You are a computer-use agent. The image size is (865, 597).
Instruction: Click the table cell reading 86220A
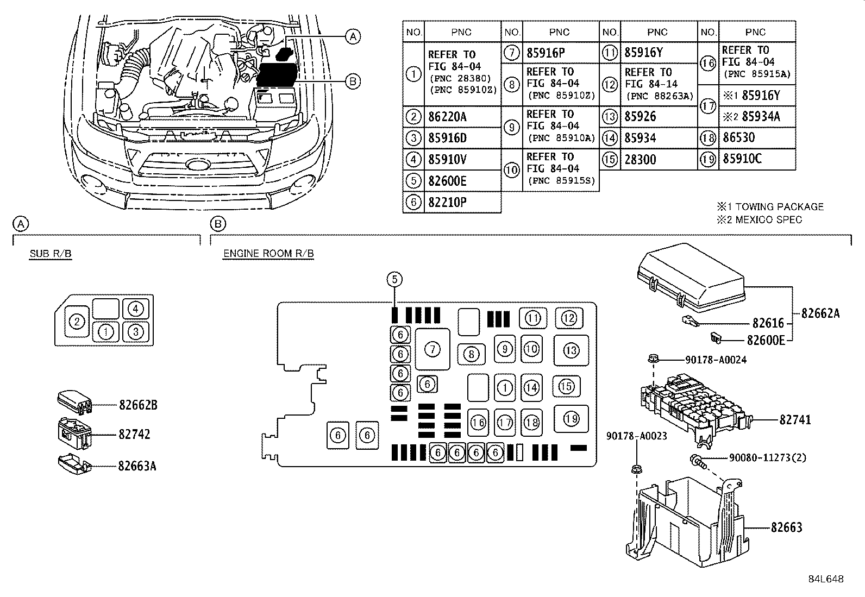tap(461, 117)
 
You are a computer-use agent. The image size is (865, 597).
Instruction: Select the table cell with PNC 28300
tap(657, 160)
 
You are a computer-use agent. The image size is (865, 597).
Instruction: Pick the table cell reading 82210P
tap(461, 203)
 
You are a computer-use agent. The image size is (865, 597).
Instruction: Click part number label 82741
tap(795, 420)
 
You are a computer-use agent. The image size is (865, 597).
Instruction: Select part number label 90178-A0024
tap(716, 360)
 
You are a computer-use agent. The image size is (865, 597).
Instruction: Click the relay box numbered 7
tap(432, 349)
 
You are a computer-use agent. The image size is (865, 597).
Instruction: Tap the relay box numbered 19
tap(571, 419)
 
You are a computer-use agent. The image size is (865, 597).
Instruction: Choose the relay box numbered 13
tap(571, 351)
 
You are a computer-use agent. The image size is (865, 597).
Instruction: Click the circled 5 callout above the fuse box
tap(394, 280)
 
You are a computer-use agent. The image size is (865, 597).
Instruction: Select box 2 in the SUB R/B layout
tap(78, 322)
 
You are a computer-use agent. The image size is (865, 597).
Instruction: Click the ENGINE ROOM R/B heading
tap(268, 254)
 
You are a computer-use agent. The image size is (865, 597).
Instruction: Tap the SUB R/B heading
tap(51, 254)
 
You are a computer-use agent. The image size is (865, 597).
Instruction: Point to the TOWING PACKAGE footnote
tap(770, 207)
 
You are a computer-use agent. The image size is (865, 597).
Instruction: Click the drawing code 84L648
tap(825, 579)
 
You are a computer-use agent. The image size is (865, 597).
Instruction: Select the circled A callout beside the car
tap(353, 36)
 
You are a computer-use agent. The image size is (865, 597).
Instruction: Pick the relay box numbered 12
tap(569, 318)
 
